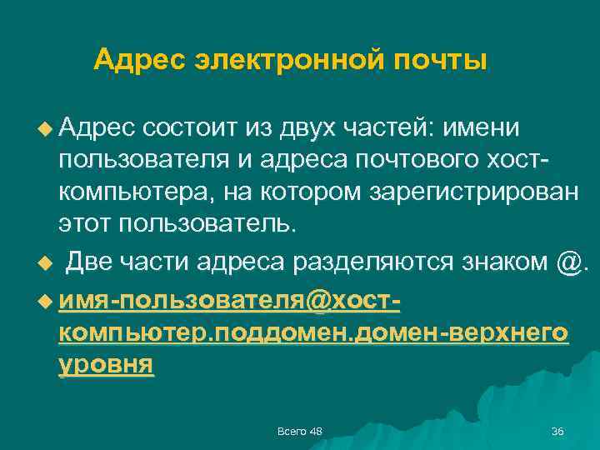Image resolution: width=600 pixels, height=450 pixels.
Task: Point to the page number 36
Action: [x=557, y=430]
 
